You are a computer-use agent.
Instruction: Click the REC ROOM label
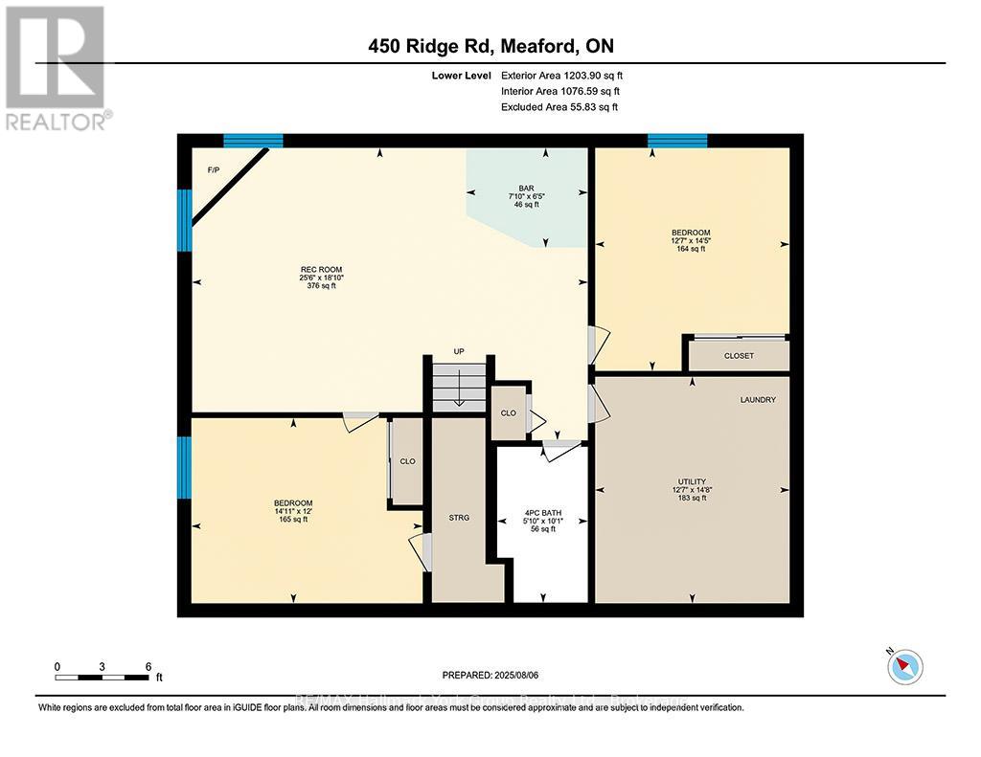[321, 269]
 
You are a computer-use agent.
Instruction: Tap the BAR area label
[526, 189]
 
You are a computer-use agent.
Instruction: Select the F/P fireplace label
[214, 170]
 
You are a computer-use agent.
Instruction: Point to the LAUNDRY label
[757, 399]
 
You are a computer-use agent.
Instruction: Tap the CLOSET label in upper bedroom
[739, 356]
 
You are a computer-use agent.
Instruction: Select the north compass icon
[904, 665]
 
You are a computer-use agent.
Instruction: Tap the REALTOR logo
[57, 67]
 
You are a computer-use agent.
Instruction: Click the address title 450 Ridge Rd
[490, 47]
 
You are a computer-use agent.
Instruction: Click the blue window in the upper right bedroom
[677, 141]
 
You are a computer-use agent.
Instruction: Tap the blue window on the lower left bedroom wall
[185, 467]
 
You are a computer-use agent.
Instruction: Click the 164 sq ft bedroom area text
[691, 249]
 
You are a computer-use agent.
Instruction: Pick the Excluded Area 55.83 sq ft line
[559, 107]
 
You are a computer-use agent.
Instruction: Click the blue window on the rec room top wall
[254, 141]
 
